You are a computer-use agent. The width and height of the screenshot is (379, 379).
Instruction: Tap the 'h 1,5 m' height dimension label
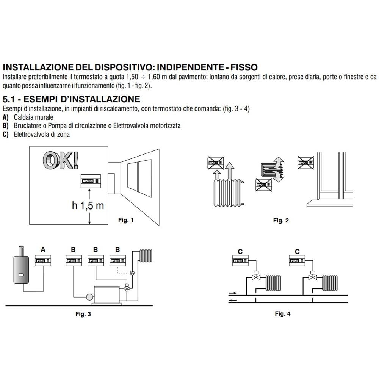[x=88, y=205]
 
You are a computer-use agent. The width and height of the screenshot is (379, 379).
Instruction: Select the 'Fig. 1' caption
[x=126, y=220]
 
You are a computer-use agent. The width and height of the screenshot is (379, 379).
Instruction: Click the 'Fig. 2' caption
[x=280, y=221]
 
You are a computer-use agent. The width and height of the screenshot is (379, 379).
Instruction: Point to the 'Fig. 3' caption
[x=83, y=314]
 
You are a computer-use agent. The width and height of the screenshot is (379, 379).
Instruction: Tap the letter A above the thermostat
[x=43, y=249]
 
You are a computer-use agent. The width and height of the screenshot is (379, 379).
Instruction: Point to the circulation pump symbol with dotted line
[x=132, y=273]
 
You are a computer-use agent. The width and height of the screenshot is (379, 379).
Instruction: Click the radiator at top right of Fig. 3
[x=146, y=257]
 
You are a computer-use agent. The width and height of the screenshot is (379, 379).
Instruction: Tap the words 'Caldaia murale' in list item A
[x=33, y=117]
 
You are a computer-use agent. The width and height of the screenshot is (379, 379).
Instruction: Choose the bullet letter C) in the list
[x=6, y=134]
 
